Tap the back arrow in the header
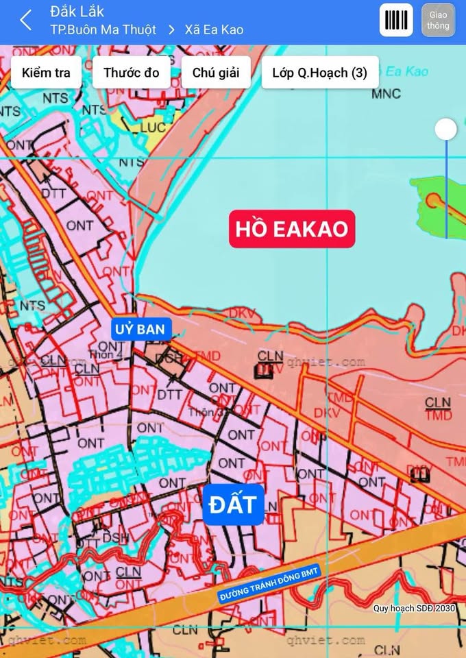pyautogui.click(x=26, y=21)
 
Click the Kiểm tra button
pyautogui.click(x=46, y=73)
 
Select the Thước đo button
pyautogui.click(x=132, y=73)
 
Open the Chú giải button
pyautogui.click(x=216, y=73)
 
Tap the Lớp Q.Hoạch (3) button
pyautogui.click(x=319, y=73)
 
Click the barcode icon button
pyautogui.click(x=396, y=21)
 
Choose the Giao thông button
pyautogui.click(x=438, y=21)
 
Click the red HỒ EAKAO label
pyautogui.click(x=292, y=229)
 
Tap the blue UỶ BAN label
pyautogui.click(x=140, y=330)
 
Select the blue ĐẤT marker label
pyautogui.click(x=233, y=505)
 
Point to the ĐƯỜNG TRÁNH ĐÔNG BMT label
pyautogui.click(x=270, y=583)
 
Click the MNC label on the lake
pyautogui.click(x=386, y=94)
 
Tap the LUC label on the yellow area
pyautogui.click(x=153, y=128)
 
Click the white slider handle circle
pyautogui.click(x=446, y=129)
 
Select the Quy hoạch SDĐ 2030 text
pyautogui.click(x=414, y=608)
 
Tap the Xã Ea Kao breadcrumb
pyautogui.click(x=214, y=29)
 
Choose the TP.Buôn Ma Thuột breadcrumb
pyautogui.click(x=103, y=29)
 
